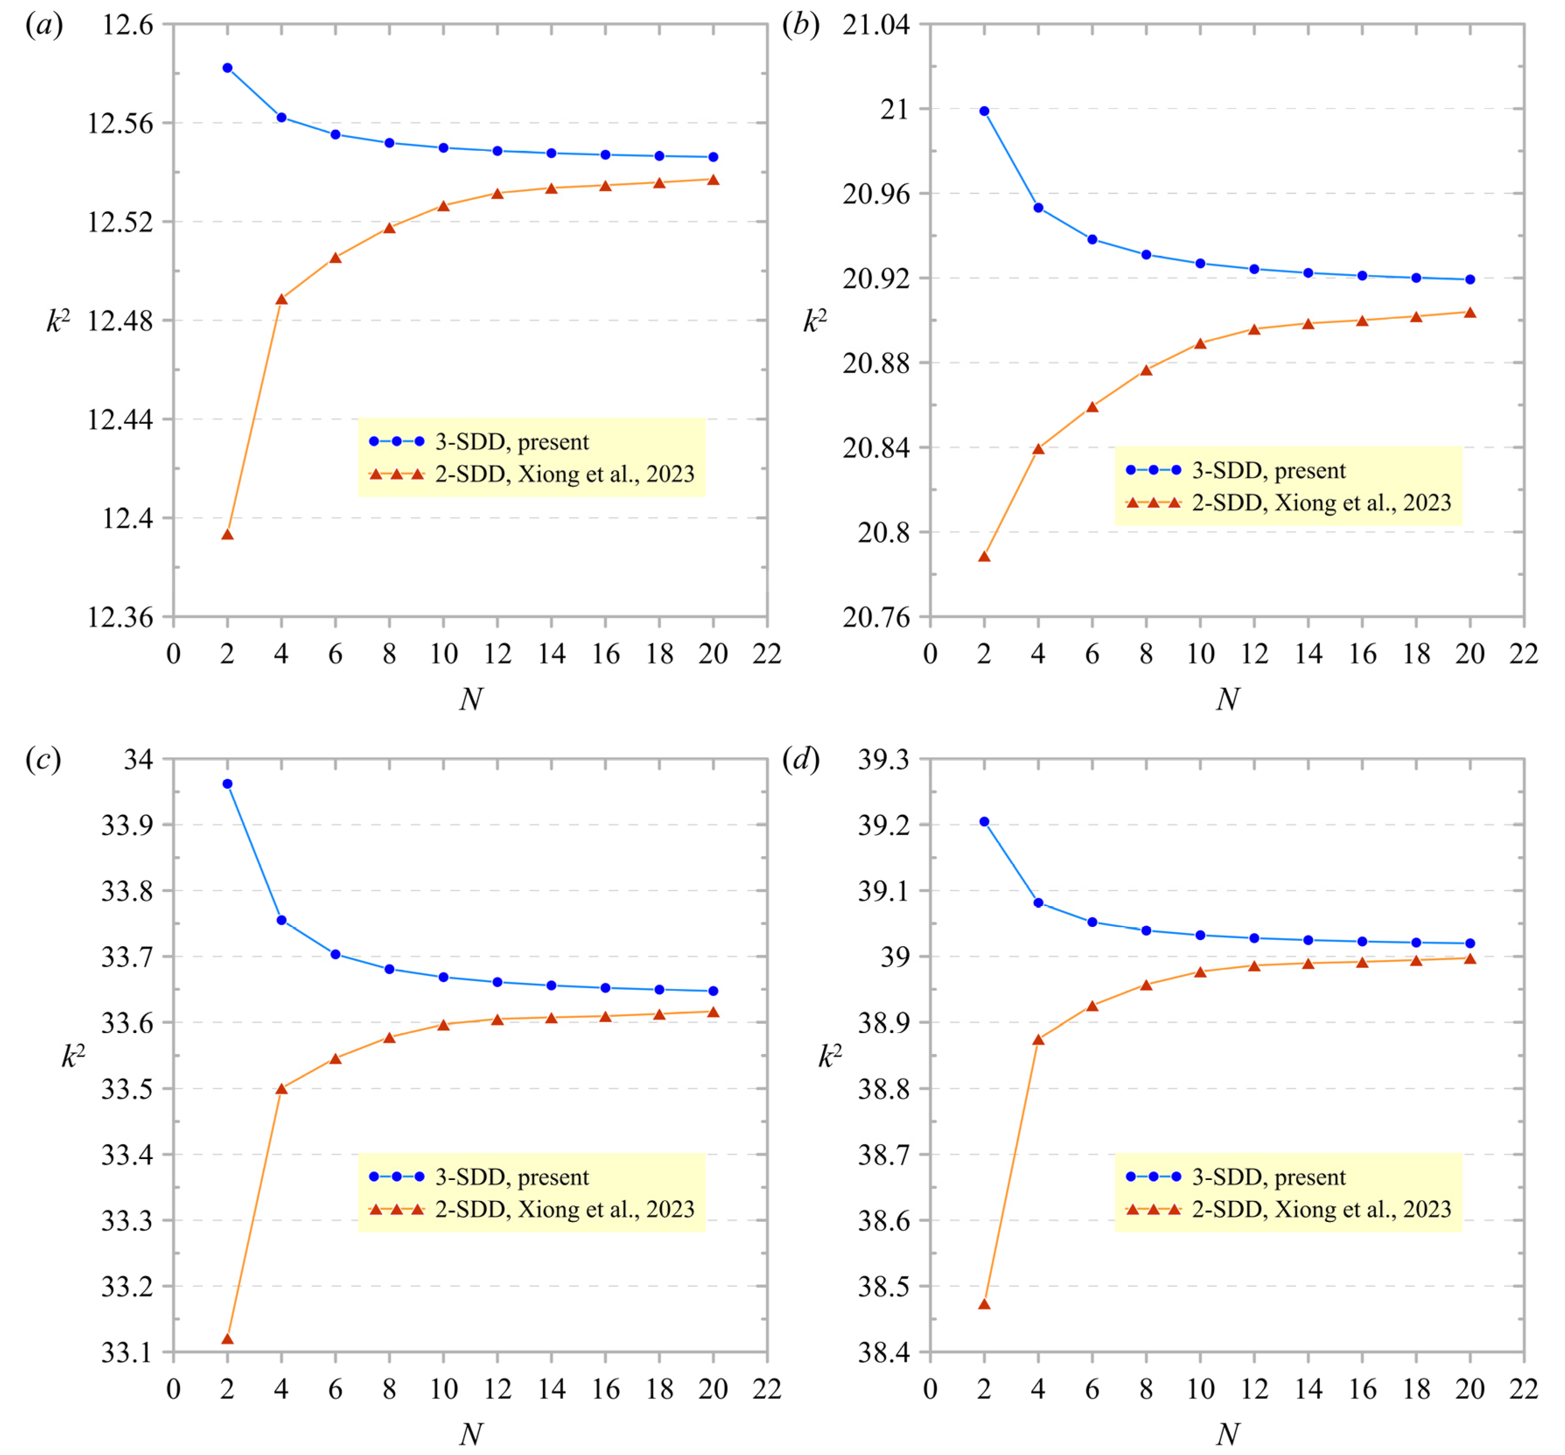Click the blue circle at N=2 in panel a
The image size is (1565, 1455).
(227, 68)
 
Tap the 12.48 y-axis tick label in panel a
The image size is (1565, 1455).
(120, 321)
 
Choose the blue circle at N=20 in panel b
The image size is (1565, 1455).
(1470, 279)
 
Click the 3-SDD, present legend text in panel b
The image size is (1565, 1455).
(1269, 470)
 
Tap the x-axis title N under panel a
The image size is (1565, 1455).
(471, 699)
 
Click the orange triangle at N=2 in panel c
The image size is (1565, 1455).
(227, 1339)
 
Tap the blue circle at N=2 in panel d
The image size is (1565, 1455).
(984, 821)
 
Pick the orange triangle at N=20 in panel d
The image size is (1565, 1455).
(1470, 958)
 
